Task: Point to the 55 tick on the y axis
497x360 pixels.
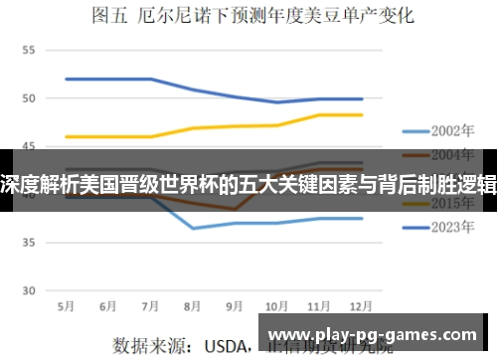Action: [x=28, y=50]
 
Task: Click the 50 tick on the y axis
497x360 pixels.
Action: [x=28, y=98]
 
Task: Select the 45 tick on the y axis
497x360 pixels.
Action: [x=28, y=146]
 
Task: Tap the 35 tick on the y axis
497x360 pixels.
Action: [x=28, y=243]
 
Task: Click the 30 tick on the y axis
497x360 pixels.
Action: [x=28, y=290]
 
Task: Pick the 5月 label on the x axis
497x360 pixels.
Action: [x=67, y=305]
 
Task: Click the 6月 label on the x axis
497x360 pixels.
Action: [x=108, y=305]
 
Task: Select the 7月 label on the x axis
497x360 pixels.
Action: [x=151, y=305]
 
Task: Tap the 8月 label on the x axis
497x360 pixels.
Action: [x=193, y=305]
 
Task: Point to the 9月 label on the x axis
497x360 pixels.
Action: [x=236, y=305]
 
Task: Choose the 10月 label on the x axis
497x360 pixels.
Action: [x=277, y=305]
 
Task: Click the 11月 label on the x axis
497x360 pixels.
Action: [x=320, y=305]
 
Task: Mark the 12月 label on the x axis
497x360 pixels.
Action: [x=362, y=305]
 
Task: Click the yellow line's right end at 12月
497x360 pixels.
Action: [x=362, y=114]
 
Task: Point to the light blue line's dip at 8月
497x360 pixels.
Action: [x=193, y=228]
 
